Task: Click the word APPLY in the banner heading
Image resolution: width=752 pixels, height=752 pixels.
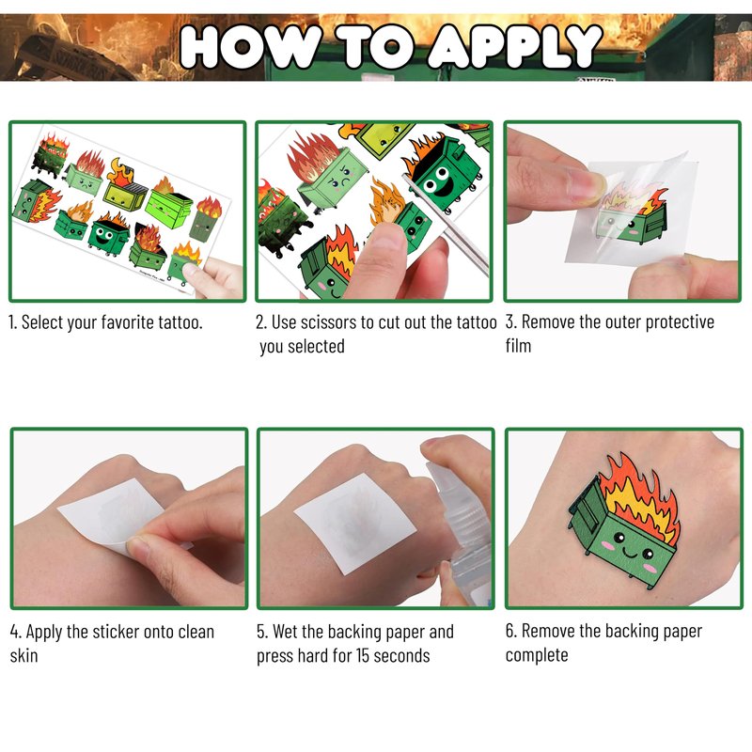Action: point(514,46)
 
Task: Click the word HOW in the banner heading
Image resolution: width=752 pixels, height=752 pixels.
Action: point(250,47)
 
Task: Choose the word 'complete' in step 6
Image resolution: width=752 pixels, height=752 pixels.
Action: point(537,655)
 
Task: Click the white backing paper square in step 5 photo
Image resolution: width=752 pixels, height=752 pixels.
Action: point(355,523)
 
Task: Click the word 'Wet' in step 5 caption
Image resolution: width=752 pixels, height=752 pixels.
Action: point(287,632)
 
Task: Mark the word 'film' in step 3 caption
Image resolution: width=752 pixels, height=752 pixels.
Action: point(519,346)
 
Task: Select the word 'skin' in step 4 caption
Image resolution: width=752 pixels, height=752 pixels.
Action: point(23,655)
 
